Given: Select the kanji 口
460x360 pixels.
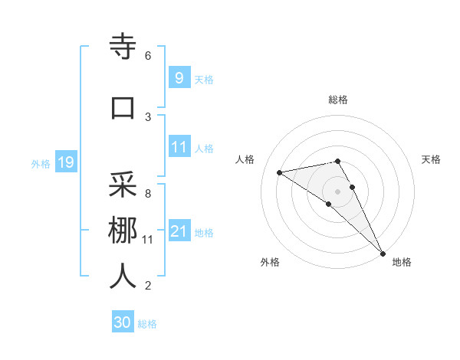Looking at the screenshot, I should pyautogui.click(x=123, y=106).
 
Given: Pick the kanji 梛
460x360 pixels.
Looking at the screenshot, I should pyautogui.click(x=123, y=230).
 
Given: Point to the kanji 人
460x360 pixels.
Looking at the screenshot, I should pyautogui.click(x=123, y=277).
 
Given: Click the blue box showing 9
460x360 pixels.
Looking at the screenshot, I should pyautogui.click(x=179, y=77).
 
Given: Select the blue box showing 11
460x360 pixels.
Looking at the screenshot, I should pyautogui.click(x=179, y=147).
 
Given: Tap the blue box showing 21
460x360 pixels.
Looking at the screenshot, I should pyautogui.click(x=179, y=231).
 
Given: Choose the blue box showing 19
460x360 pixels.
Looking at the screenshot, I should pyautogui.click(x=65, y=162).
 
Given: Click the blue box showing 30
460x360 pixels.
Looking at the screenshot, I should pyautogui.click(x=123, y=322).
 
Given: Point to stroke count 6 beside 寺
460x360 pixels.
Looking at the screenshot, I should pyautogui.click(x=148, y=56).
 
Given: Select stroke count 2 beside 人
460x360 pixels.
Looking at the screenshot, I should pyautogui.click(x=148, y=286).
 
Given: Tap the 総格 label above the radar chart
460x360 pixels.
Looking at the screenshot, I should pyautogui.click(x=337, y=100).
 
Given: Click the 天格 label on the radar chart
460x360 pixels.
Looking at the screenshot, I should pyautogui.click(x=431, y=159).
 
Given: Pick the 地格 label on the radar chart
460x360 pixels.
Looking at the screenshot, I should pyautogui.click(x=402, y=262).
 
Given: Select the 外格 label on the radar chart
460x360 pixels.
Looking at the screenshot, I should pyautogui.click(x=270, y=262).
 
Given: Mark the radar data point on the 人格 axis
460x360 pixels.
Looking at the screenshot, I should pyautogui.click(x=280, y=172).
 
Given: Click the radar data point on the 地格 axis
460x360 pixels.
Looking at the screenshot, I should pyautogui.click(x=383, y=252).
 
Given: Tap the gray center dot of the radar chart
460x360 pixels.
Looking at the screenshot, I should pyautogui.click(x=337, y=191).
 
